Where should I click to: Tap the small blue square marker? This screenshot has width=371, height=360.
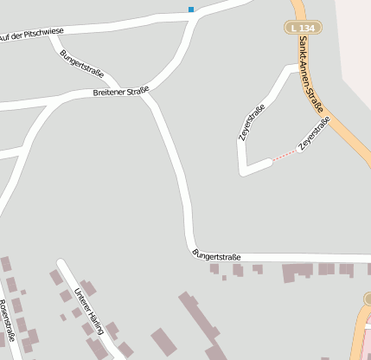(x=191, y=10)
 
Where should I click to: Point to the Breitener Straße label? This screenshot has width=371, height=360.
(x=120, y=91)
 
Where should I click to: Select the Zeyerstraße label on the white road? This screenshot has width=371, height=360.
(x=252, y=122)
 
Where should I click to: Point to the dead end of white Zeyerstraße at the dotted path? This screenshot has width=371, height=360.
(x=269, y=161)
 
